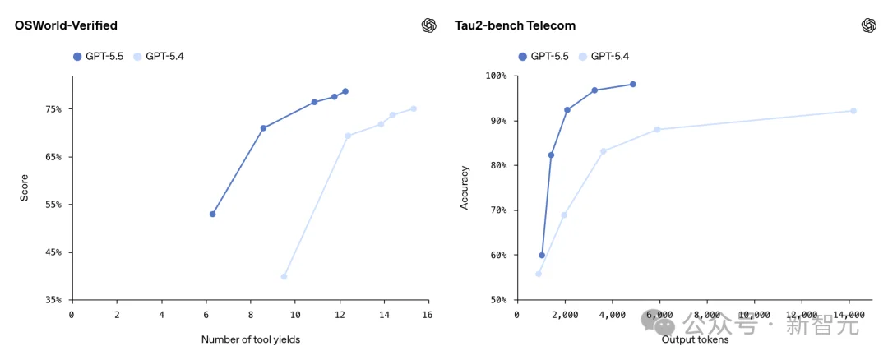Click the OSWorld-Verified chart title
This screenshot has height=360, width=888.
click(66, 25)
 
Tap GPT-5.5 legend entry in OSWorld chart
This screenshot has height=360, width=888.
click(97, 57)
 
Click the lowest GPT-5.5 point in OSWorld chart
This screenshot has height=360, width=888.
click(213, 214)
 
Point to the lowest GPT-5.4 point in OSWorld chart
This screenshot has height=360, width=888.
click(284, 277)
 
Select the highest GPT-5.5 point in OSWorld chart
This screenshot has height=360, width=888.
click(345, 91)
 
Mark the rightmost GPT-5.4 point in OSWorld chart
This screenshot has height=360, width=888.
click(414, 108)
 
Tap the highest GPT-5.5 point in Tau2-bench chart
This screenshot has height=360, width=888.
click(632, 84)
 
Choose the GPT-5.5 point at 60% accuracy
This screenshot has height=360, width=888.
click(542, 255)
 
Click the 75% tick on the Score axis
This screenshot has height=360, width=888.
click(53, 109)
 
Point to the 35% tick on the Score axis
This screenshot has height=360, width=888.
click(53, 300)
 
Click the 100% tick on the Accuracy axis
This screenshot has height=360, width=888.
click(496, 76)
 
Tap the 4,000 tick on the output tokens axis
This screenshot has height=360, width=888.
click(612, 315)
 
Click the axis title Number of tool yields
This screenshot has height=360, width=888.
click(250, 339)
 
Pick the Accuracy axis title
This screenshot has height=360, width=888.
click(465, 188)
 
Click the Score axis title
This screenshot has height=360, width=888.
click(24, 188)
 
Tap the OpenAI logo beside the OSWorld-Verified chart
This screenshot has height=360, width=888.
click(428, 25)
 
